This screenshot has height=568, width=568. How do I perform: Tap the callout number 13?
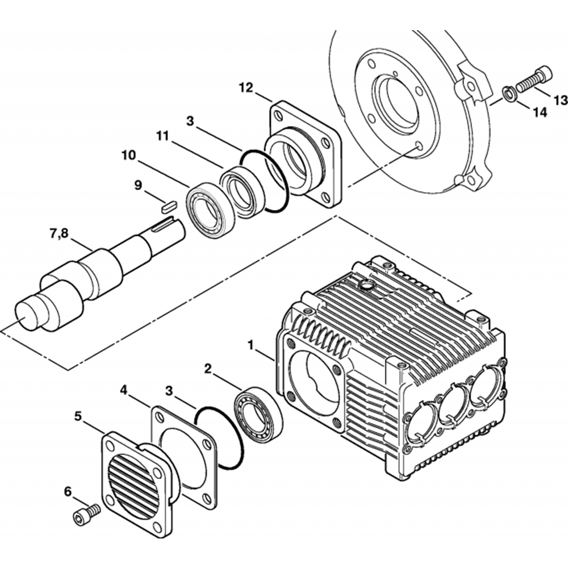click(560, 101)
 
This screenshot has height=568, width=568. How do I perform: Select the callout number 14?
click(539, 112)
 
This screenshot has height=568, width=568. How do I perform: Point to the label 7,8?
click(61, 233)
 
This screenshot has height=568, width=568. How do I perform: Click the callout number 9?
click(138, 185)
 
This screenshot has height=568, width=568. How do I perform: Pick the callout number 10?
click(128, 155)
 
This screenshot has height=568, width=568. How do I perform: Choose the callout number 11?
click(164, 137)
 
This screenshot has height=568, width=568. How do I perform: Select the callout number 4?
click(124, 390)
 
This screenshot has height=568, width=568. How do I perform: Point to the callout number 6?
click(68, 491)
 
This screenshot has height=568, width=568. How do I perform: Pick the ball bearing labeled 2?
click(258, 413)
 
